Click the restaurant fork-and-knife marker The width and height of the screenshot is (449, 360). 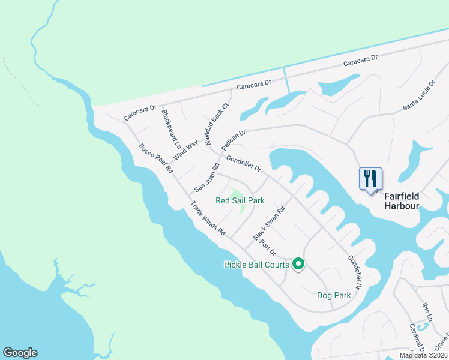[x=370, y=179]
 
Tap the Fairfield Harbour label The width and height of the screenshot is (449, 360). [x=402, y=201]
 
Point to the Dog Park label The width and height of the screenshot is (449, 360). [x=334, y=295]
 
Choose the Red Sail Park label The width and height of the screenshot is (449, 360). [x=240, y=200]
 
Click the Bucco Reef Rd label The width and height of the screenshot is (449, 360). [x=155, y=158]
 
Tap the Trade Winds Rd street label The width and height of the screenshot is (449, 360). [x=208, y=218]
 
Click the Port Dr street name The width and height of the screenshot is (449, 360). [x=268, y=245]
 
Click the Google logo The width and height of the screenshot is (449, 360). [x=20, y=353]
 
